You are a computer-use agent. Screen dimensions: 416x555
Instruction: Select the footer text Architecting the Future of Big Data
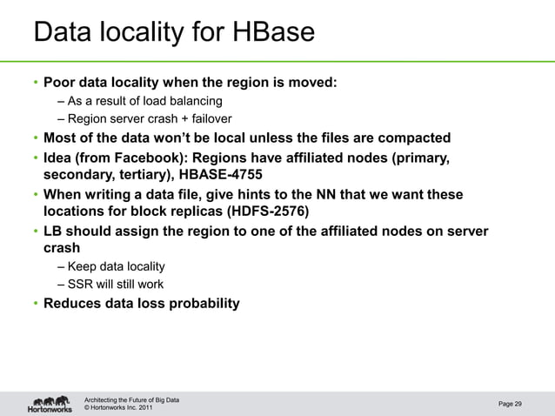(x=131, y=399)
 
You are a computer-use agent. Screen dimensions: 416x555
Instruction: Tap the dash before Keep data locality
(x=61, y=266)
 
